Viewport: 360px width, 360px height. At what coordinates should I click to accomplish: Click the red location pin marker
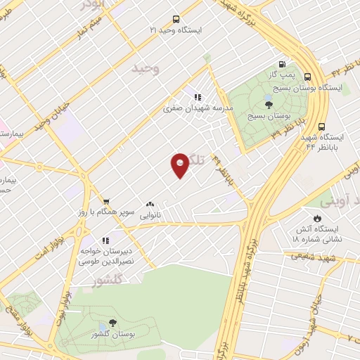point(180,165)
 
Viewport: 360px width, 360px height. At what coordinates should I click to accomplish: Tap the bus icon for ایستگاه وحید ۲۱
point(175,20)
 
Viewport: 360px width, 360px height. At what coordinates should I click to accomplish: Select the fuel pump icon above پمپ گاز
point(283,63)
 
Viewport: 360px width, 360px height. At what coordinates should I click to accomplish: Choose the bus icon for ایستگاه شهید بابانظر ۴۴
point(322,127)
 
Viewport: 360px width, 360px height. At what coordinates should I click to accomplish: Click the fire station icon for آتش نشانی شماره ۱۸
point(319,218)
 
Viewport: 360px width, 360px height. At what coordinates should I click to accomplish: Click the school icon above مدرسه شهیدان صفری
point(198,96)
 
